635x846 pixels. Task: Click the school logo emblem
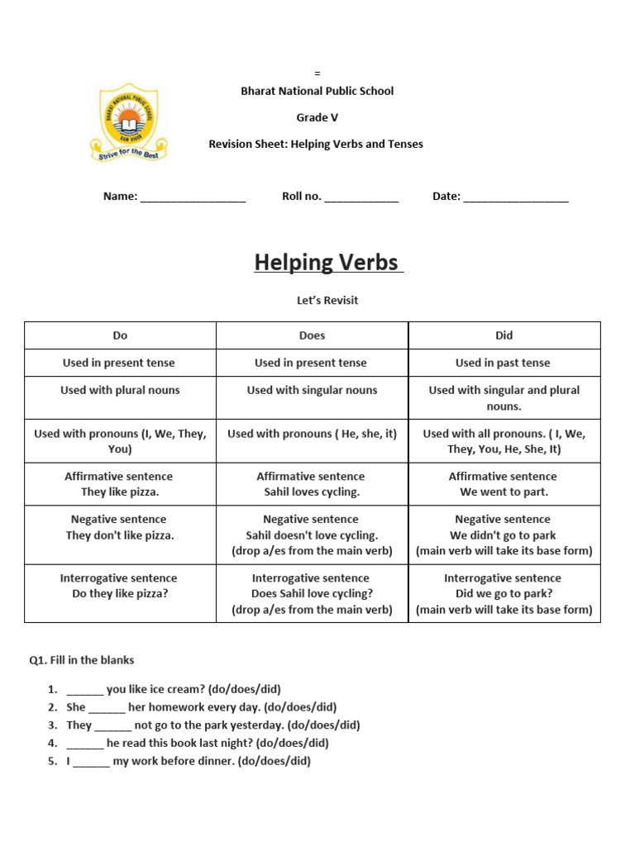(128, 122)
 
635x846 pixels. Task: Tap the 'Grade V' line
(317, 117)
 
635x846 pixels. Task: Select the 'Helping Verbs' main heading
(328, 263)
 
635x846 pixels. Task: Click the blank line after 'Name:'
(193, 198)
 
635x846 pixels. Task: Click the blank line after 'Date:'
(516, 198)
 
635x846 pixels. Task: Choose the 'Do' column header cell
(121, 335)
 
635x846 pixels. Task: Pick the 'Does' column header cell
(312, 335)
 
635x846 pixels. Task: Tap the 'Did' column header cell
(504, 335)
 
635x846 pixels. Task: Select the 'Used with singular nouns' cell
(312, 390)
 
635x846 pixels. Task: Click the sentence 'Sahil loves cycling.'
(311, 492)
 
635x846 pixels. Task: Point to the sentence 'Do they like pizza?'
(120, 594)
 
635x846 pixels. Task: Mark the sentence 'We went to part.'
(504, 492)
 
